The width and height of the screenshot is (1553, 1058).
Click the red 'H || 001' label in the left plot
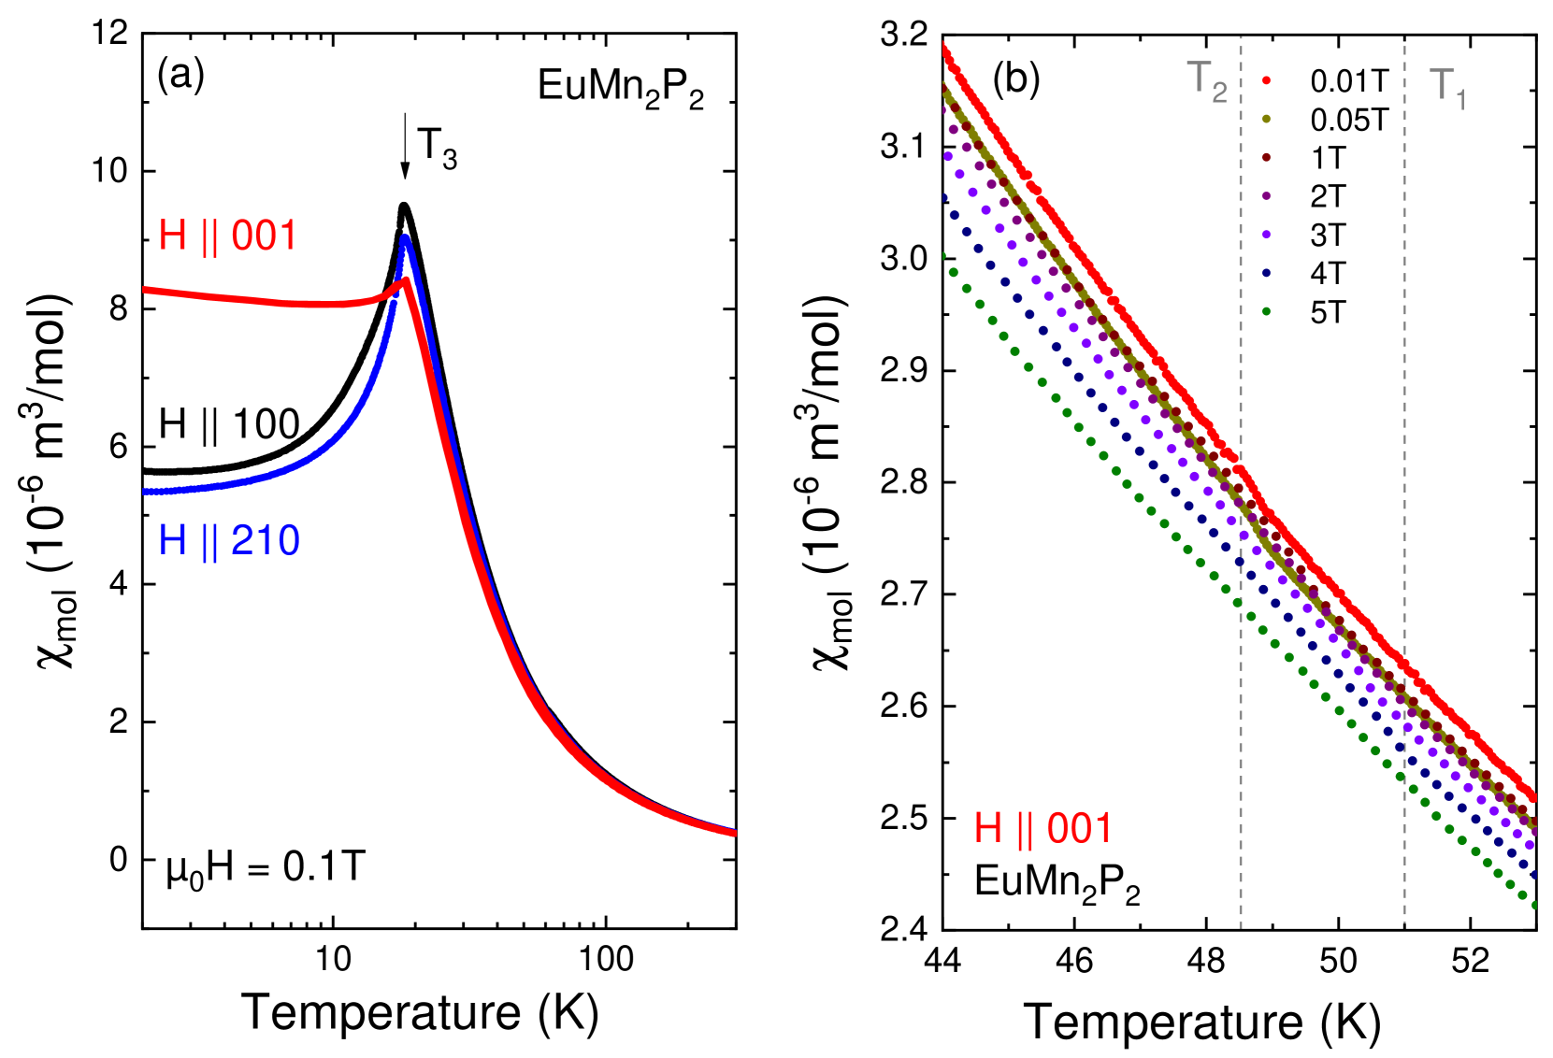[227, 236]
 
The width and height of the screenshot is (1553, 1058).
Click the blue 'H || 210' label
[229, 540]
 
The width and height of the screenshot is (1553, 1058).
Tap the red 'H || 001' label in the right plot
[1043, 828]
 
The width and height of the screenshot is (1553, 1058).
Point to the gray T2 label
[1205, 80]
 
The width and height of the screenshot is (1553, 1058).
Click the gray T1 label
[1446, 87]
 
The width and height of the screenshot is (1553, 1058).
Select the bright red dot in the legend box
[1266, 80]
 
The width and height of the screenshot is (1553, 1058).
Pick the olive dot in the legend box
[1266, 119]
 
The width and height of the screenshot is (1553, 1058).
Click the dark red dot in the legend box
[1266, 157]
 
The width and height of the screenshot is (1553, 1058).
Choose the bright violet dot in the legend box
[1266, 235]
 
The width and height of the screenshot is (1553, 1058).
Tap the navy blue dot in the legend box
[1266, 273]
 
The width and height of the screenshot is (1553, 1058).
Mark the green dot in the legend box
[1266, 311]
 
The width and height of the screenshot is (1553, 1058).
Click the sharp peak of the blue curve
[405, 238]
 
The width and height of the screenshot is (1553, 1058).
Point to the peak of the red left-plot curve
[405, 279]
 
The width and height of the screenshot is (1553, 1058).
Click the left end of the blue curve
[145, 491]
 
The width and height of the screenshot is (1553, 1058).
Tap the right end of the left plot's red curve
[734, 832]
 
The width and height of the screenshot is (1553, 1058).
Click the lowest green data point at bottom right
[1533, 905]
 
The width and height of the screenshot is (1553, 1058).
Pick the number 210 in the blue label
[266, 540]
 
